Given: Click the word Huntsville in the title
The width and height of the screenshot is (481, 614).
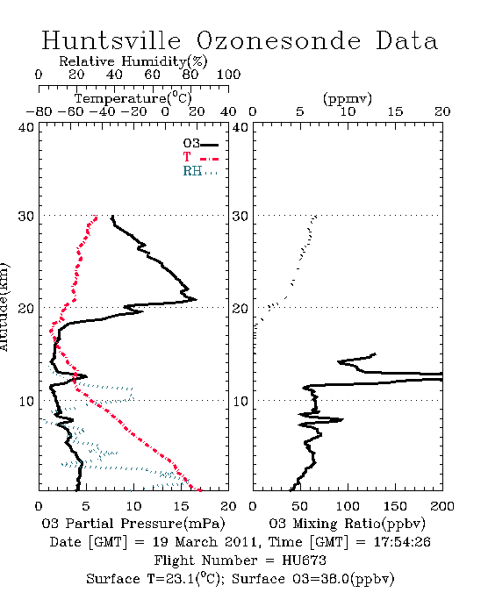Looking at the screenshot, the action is click(x=111, y=40).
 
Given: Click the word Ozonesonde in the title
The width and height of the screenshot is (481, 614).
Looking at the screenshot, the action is click(x=278, y=40).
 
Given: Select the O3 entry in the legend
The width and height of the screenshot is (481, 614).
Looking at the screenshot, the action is click(x=200, y=144).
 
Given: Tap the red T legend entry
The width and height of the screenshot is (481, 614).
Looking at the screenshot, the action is click(x=200, y=157).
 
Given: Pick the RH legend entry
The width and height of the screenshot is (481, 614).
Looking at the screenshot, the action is click(x=200, y=171).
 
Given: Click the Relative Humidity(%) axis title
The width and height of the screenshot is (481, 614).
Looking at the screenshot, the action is click(x=133, y=61).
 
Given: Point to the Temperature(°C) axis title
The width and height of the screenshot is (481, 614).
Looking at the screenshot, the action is click(x=133, y=98).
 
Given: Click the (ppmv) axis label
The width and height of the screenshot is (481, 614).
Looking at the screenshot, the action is click(x=348, y=98).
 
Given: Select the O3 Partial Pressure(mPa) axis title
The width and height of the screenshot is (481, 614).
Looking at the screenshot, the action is click(x=133, y=524).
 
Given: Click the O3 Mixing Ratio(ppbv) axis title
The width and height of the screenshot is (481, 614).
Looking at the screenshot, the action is click(x=347, y=524).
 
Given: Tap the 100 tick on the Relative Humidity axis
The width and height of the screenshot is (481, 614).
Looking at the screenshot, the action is click(x=229, y=75).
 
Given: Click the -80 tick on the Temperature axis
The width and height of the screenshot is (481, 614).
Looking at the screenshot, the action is click(x=39, y=111).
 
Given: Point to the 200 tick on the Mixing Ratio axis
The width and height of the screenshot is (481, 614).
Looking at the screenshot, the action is click(x=442, y=506).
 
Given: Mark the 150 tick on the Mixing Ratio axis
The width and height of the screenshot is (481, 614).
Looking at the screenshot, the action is click(x=395, y=506).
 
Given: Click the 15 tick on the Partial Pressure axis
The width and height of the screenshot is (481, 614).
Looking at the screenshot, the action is click(x=181, y=506).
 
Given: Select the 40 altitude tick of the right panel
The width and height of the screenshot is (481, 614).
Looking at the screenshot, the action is click(x=240, y=128).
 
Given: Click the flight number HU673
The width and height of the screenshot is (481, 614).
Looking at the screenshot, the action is click(x=304, y=560).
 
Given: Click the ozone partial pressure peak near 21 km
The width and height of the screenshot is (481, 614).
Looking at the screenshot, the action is click(x=196, y=300).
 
